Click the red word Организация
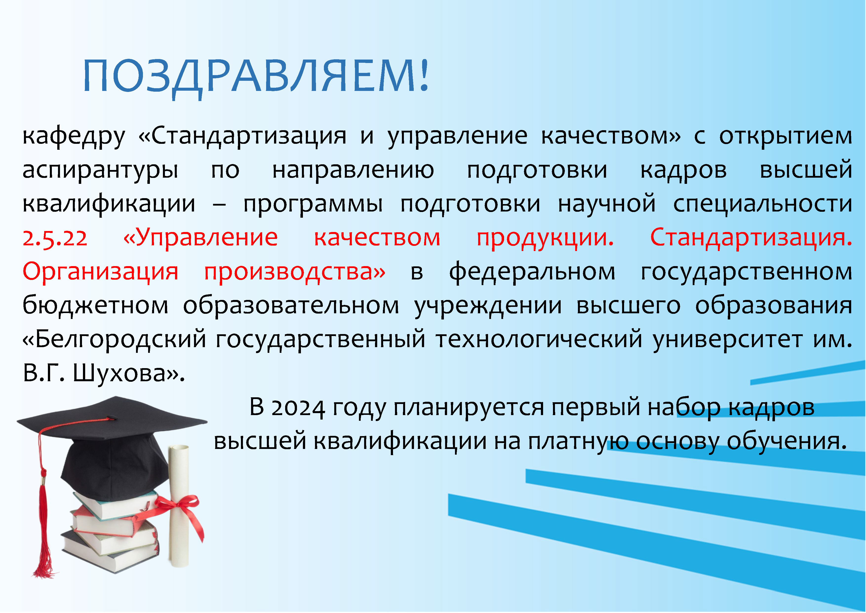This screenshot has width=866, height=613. click(x=100, y=272)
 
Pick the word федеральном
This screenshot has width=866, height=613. click(x=532, y=272)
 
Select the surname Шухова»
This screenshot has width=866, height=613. click(x=128, y=373)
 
